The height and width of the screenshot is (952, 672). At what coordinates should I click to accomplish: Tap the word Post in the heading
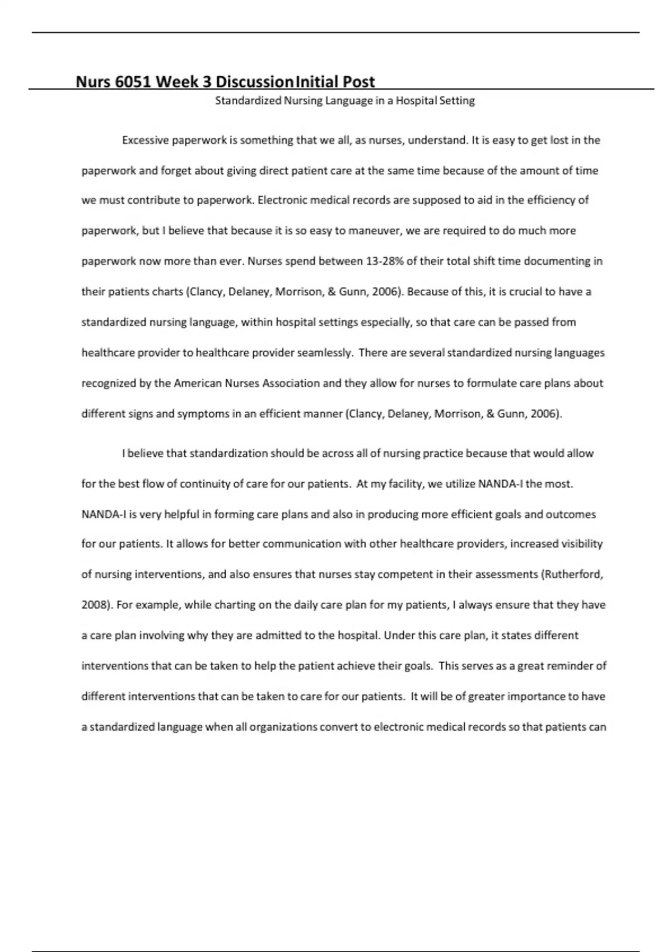pos(359,82)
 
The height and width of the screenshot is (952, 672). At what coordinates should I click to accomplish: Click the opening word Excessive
pos(145,140)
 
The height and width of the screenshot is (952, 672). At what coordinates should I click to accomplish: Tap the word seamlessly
pos(325,353)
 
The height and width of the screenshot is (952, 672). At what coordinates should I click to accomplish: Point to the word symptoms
pos(203,414)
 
